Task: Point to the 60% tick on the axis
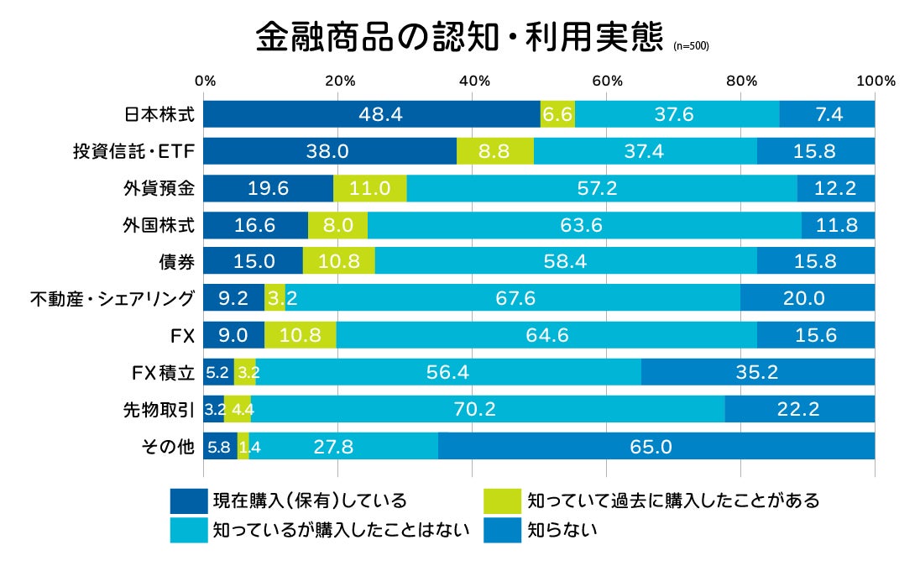(607, 81)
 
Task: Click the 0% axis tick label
(205, 81)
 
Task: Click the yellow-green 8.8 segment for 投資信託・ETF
(495, 151)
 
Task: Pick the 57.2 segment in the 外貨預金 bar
(601, 188)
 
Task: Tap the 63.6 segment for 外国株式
(584, 225)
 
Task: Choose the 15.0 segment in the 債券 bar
(254, 261)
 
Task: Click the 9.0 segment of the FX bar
(234, 335)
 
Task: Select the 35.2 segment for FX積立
(758, 372)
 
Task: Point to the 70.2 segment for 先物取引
(488, 409)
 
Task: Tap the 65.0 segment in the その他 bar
(656, 446)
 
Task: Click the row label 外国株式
(159, 225)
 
